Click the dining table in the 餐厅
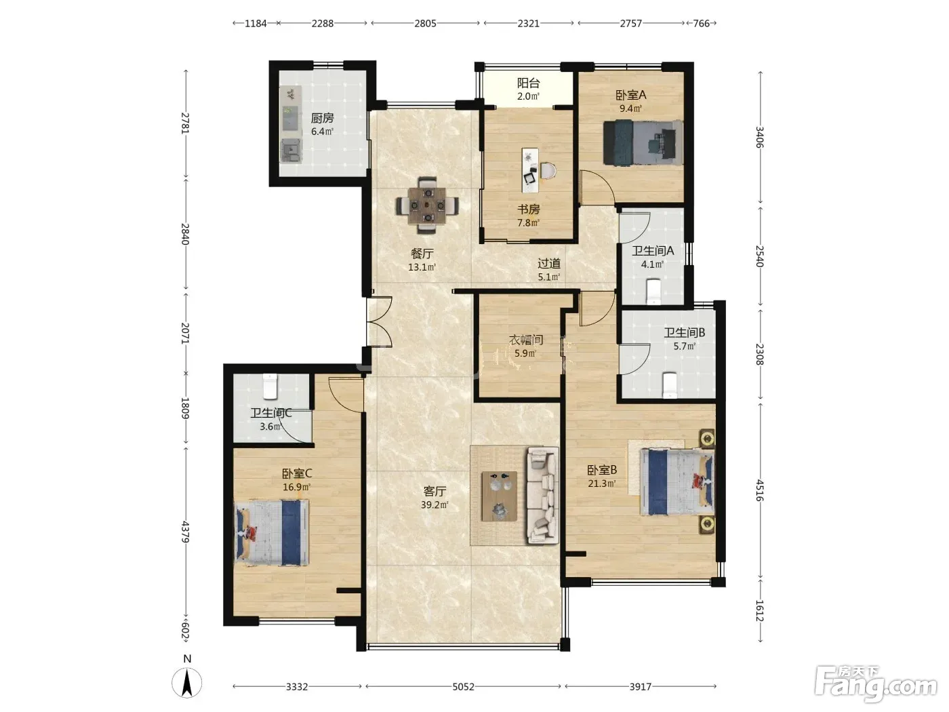click(x=427, y=205)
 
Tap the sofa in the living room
click(x=542, y=496)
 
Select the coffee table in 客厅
click(x=500, y=496)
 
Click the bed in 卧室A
click(x=643, y=142)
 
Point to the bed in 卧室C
click(x=272, y=532)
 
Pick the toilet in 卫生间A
click(x=653, y=290)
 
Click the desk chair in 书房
click(x=548, y=170)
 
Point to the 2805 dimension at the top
click(x=425, y=23)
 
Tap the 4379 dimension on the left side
click(x=185, y=532)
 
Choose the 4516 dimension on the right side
click(x=759, y=490)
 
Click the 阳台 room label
click(x=528, y=83)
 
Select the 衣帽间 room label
click(x=526, y=340)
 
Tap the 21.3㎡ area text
click(x=601, y=483)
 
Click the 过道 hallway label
click(x=549, y=263)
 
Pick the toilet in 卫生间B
click(x=669, y=384)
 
